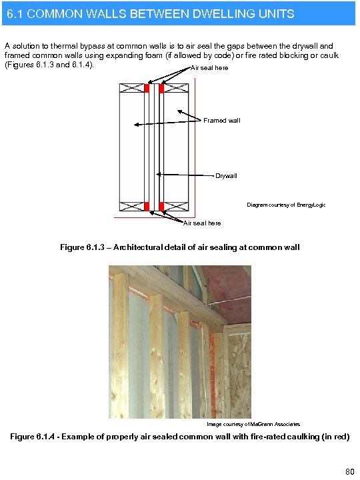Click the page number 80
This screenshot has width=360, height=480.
pos(349,472)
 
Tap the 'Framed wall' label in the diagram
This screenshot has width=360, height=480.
pos(221,120)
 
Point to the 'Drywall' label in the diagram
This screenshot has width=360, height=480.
pos(225,176)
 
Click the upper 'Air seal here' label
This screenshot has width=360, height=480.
pos(209,68)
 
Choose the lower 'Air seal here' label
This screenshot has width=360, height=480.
pos(202,223)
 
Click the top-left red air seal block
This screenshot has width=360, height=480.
pos(147,88)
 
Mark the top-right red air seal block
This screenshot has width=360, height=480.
pos(161,88)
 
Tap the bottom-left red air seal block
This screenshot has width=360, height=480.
pos(147,206)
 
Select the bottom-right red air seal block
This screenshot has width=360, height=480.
pos(161,206)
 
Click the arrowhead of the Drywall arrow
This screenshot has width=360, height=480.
pos(158,174)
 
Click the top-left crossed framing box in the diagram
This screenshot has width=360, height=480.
pos(132,88)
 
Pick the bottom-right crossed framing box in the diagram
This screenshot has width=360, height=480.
pos(176,206)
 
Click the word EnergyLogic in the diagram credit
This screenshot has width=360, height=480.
pos(311,205)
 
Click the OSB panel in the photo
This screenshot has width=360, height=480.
pos(239,373)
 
